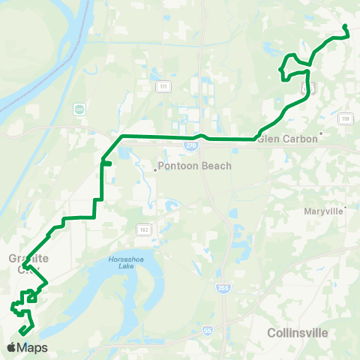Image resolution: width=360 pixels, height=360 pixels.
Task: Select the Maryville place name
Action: [323, 211]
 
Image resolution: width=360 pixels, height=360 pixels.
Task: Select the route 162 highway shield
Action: [142, 228]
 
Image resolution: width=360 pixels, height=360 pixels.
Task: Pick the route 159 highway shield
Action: [344, 118]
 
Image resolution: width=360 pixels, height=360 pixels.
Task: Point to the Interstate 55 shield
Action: [206, 329]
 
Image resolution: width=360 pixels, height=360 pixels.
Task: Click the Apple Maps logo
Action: [27, 348]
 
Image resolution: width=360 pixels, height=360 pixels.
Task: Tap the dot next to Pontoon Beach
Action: [154, 169]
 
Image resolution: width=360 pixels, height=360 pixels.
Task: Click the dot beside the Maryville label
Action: [346, 207]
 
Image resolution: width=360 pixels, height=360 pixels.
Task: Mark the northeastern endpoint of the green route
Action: [345, 27]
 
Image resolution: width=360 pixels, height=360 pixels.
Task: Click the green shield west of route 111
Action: [79, 109]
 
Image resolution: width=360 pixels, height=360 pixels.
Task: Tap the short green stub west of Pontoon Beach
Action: [107, 161]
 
